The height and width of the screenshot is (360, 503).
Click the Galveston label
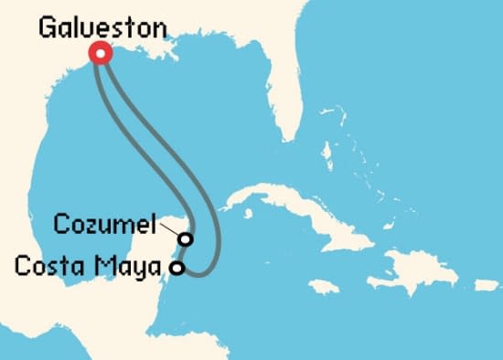click(102, 27)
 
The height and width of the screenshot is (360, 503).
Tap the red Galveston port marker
click(99, 54)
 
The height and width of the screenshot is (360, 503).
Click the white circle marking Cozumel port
click(186, 238)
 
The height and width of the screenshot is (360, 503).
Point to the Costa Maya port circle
click(178, 268)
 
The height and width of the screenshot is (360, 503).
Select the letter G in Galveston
click(47, 27)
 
